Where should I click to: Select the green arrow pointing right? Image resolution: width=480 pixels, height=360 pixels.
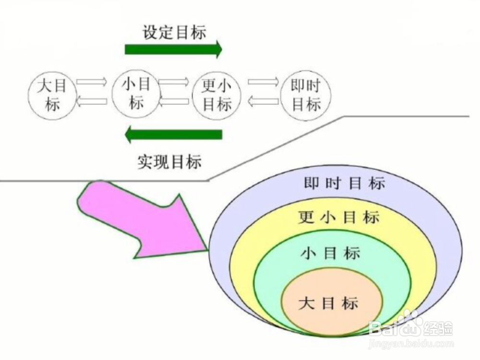pyautogui.click(x=173, y=49)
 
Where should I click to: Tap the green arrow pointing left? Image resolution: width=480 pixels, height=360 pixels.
pyautogui.click(x=173, y=134)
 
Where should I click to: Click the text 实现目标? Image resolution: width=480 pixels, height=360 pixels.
pyautogui.click(x=169, y=162)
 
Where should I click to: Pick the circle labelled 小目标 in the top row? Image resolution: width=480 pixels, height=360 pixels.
pyautogui.click(x=136, y=93)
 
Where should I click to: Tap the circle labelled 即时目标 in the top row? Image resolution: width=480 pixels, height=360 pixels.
pyautogui.click(x=306, y=95)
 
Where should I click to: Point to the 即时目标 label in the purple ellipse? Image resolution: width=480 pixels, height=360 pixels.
pyautogui.click(x=345, y=183)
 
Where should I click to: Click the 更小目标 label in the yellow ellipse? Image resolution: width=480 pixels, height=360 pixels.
pyautogui.click(x=339, y=217)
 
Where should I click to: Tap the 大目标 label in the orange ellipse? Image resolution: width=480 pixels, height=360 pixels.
pyautogui.click(x=328, y=303)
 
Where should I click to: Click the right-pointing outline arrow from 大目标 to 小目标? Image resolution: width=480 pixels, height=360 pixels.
pyautogui.click(x=92, y=82)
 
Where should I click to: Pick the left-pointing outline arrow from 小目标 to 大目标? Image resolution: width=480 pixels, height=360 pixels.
pyautogui.click(x=92, y=101)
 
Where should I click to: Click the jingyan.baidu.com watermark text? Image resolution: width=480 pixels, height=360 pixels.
pyautogui.click(x=411, y=344)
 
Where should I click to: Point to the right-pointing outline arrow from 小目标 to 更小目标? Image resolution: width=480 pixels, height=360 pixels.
pyautogui.click(x=174, y=82)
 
